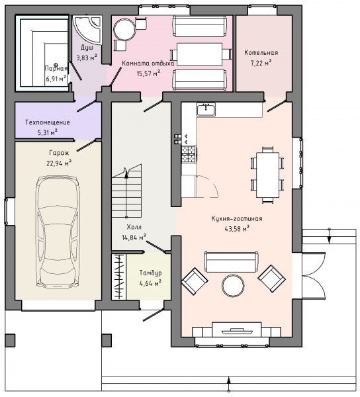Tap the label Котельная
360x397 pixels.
[x=261, y=53]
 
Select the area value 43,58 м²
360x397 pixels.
[x=237, y=229]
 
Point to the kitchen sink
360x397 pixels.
[x=206, y=109]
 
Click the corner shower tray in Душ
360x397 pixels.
[x=87, y=29]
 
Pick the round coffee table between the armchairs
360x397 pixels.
[x=233, y=286]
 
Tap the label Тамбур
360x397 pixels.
[x=150, y=273]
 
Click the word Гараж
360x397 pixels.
[x=59, y=153]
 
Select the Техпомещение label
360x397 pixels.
[x=48, y=122]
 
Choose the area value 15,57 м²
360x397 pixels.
[x=148, y=73]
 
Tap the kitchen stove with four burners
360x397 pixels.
[x=189, y=154]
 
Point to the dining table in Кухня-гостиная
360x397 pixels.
[x=267, y=175]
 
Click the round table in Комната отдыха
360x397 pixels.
[x=124, y=30]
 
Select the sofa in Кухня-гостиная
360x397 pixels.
[x=231, y=262]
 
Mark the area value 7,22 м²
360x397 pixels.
[x=261, y=63]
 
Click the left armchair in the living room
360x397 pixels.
[x=195, y=281]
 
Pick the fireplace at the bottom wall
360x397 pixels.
[x=236, y=330]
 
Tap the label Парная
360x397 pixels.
[x=56, y=68]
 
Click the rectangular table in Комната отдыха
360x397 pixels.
[x=199, y=54]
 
